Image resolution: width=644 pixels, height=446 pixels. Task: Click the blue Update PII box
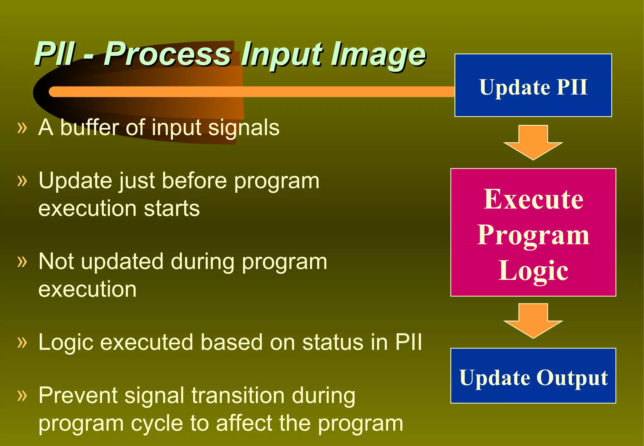533,85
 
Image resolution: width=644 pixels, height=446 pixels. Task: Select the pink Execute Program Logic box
533,232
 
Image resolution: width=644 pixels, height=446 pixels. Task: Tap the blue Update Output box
533,376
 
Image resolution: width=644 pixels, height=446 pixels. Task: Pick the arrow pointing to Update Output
533,321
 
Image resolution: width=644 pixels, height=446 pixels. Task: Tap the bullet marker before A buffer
22,128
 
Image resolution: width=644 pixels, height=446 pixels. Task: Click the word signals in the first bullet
244,128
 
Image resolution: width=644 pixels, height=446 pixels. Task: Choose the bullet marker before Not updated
22,261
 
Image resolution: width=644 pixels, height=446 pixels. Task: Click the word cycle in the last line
157,423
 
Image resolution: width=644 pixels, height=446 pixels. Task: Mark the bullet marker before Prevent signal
22,395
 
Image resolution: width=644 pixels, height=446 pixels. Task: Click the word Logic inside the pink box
533,271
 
